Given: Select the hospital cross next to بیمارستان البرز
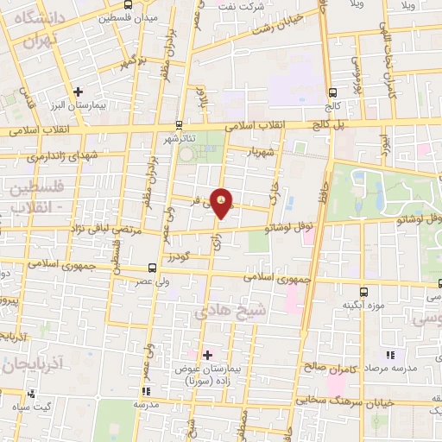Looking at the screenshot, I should click(x=79, y=91).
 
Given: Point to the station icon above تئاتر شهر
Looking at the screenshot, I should click(x=179, y=124).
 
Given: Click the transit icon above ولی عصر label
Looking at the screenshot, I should click(x=152, y=267).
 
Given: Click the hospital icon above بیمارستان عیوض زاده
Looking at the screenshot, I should click(x=206, y=354).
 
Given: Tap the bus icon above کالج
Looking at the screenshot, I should click(x=332, y=92).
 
